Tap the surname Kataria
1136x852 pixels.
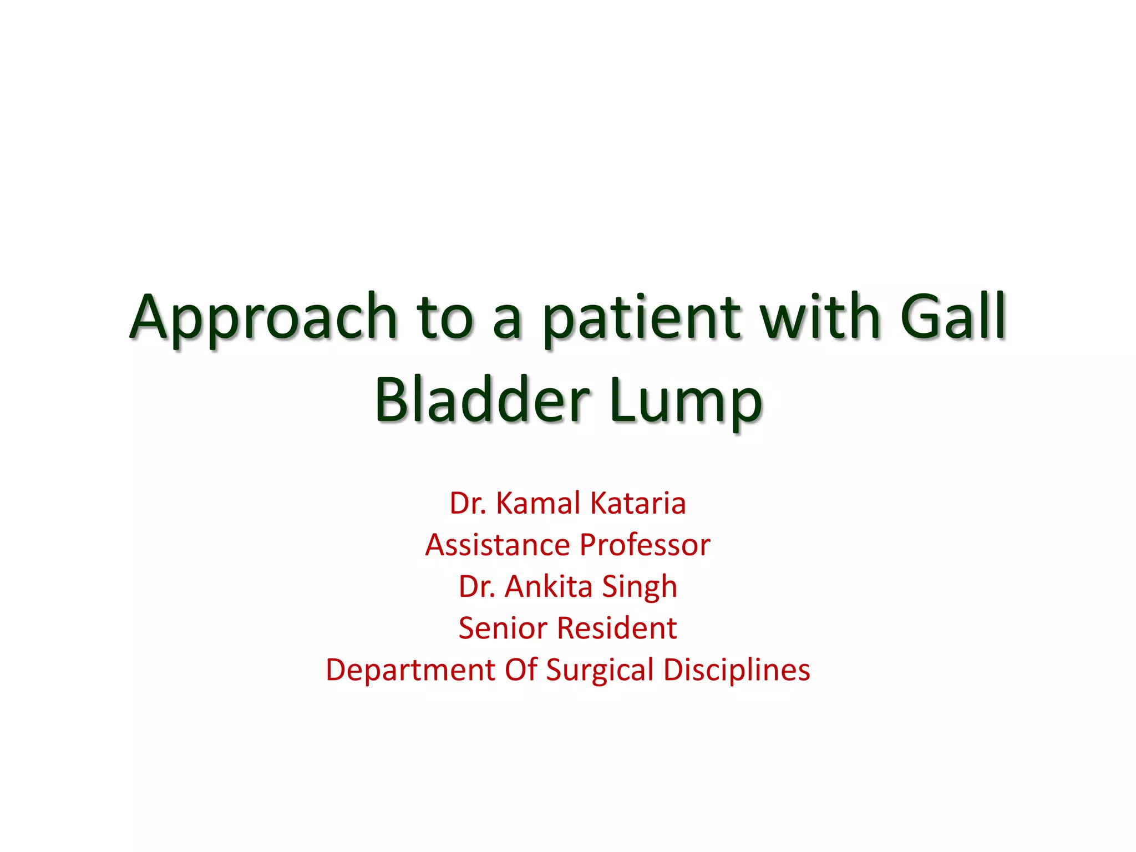tap(638, 503)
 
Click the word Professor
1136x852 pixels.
tap(645, 545)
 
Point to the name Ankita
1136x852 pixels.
tap(549, 586)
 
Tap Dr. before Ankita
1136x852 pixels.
tap(477, 586)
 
